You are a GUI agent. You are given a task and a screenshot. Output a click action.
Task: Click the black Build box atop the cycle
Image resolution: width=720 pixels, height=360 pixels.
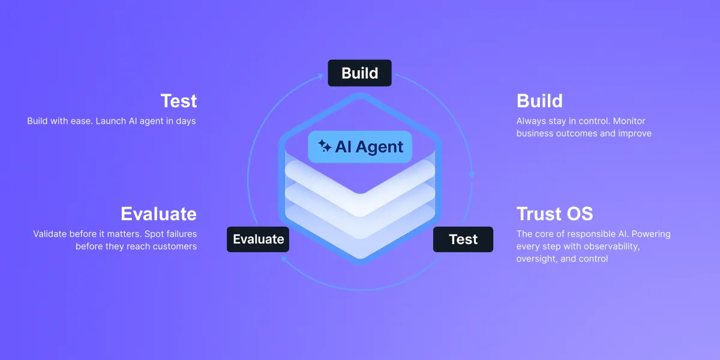(359, 73)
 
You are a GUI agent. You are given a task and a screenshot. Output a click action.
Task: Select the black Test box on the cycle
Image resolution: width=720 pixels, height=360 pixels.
(463, 239)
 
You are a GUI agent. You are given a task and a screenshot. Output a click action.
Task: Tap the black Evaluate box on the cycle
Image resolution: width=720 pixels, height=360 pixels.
(258, 239)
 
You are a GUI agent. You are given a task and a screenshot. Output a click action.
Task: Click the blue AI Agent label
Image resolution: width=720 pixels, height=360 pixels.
(360, 147)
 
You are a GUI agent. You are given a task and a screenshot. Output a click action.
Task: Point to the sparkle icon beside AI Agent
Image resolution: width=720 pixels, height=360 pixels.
(325, 146)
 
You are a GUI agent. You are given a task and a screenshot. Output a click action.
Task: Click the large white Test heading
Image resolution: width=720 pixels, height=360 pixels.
(179, 101)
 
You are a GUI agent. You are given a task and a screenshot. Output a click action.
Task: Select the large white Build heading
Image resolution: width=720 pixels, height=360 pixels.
(539, 101)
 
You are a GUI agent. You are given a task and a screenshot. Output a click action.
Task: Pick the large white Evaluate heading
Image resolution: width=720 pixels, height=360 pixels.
(159, 214)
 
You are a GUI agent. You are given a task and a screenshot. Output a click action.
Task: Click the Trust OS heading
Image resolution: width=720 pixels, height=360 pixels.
(555, 214)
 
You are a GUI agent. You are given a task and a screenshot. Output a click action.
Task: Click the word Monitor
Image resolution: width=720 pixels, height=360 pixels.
(629, 121)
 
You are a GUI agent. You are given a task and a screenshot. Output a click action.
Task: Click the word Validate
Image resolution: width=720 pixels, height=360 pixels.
(50, 234)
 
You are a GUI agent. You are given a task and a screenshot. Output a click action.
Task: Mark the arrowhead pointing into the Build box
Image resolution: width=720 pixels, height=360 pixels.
(320, 76)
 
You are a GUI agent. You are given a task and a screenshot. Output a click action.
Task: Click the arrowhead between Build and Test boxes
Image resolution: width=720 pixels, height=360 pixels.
(472, 175)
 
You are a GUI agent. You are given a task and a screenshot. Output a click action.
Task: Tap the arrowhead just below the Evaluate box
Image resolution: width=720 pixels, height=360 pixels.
(284, 259)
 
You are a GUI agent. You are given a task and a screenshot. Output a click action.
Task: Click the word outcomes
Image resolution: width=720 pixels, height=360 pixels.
(577, 134)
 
